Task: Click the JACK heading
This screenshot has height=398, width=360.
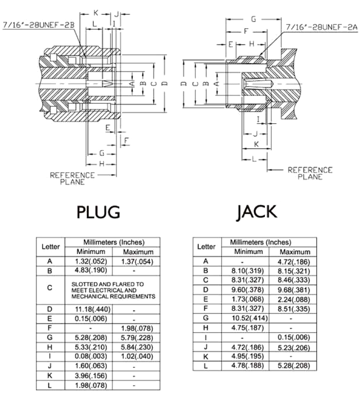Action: pyautogui.click(x=256, y=211)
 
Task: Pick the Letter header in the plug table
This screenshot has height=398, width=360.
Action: pyautogui.click(x=50, y=247)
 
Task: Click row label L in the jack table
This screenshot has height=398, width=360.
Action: pyautogui.click(x=206, y=366)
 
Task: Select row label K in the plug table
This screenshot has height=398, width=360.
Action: pyautogui.click(x=50, y=375)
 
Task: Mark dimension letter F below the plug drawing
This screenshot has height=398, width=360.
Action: pyautogui.click(x=126, y=140)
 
